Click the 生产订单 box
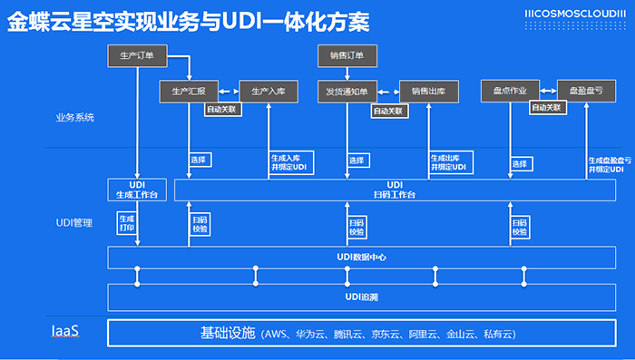pyautogui.click(x=137, y=56)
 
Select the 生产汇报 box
pyautogui.click(x=188, y=91)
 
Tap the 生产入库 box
pyautogui.click(x=268, y=91)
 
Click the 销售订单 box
pyautogui.click(x=347, y=56)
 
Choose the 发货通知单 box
pyautogui.click(x=347, y=91)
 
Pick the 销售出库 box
pyautogui.click(x=428, y=91)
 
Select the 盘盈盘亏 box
pyautogui.click(x=586, y=91)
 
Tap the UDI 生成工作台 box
pyautogui.click(x=137, y=190)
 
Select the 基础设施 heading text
pyautogui.click(x=227, y=333)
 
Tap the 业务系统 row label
pyautogui.click(x=74, y=118)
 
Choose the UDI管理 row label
pyautogui.click(x=74, y=223)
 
